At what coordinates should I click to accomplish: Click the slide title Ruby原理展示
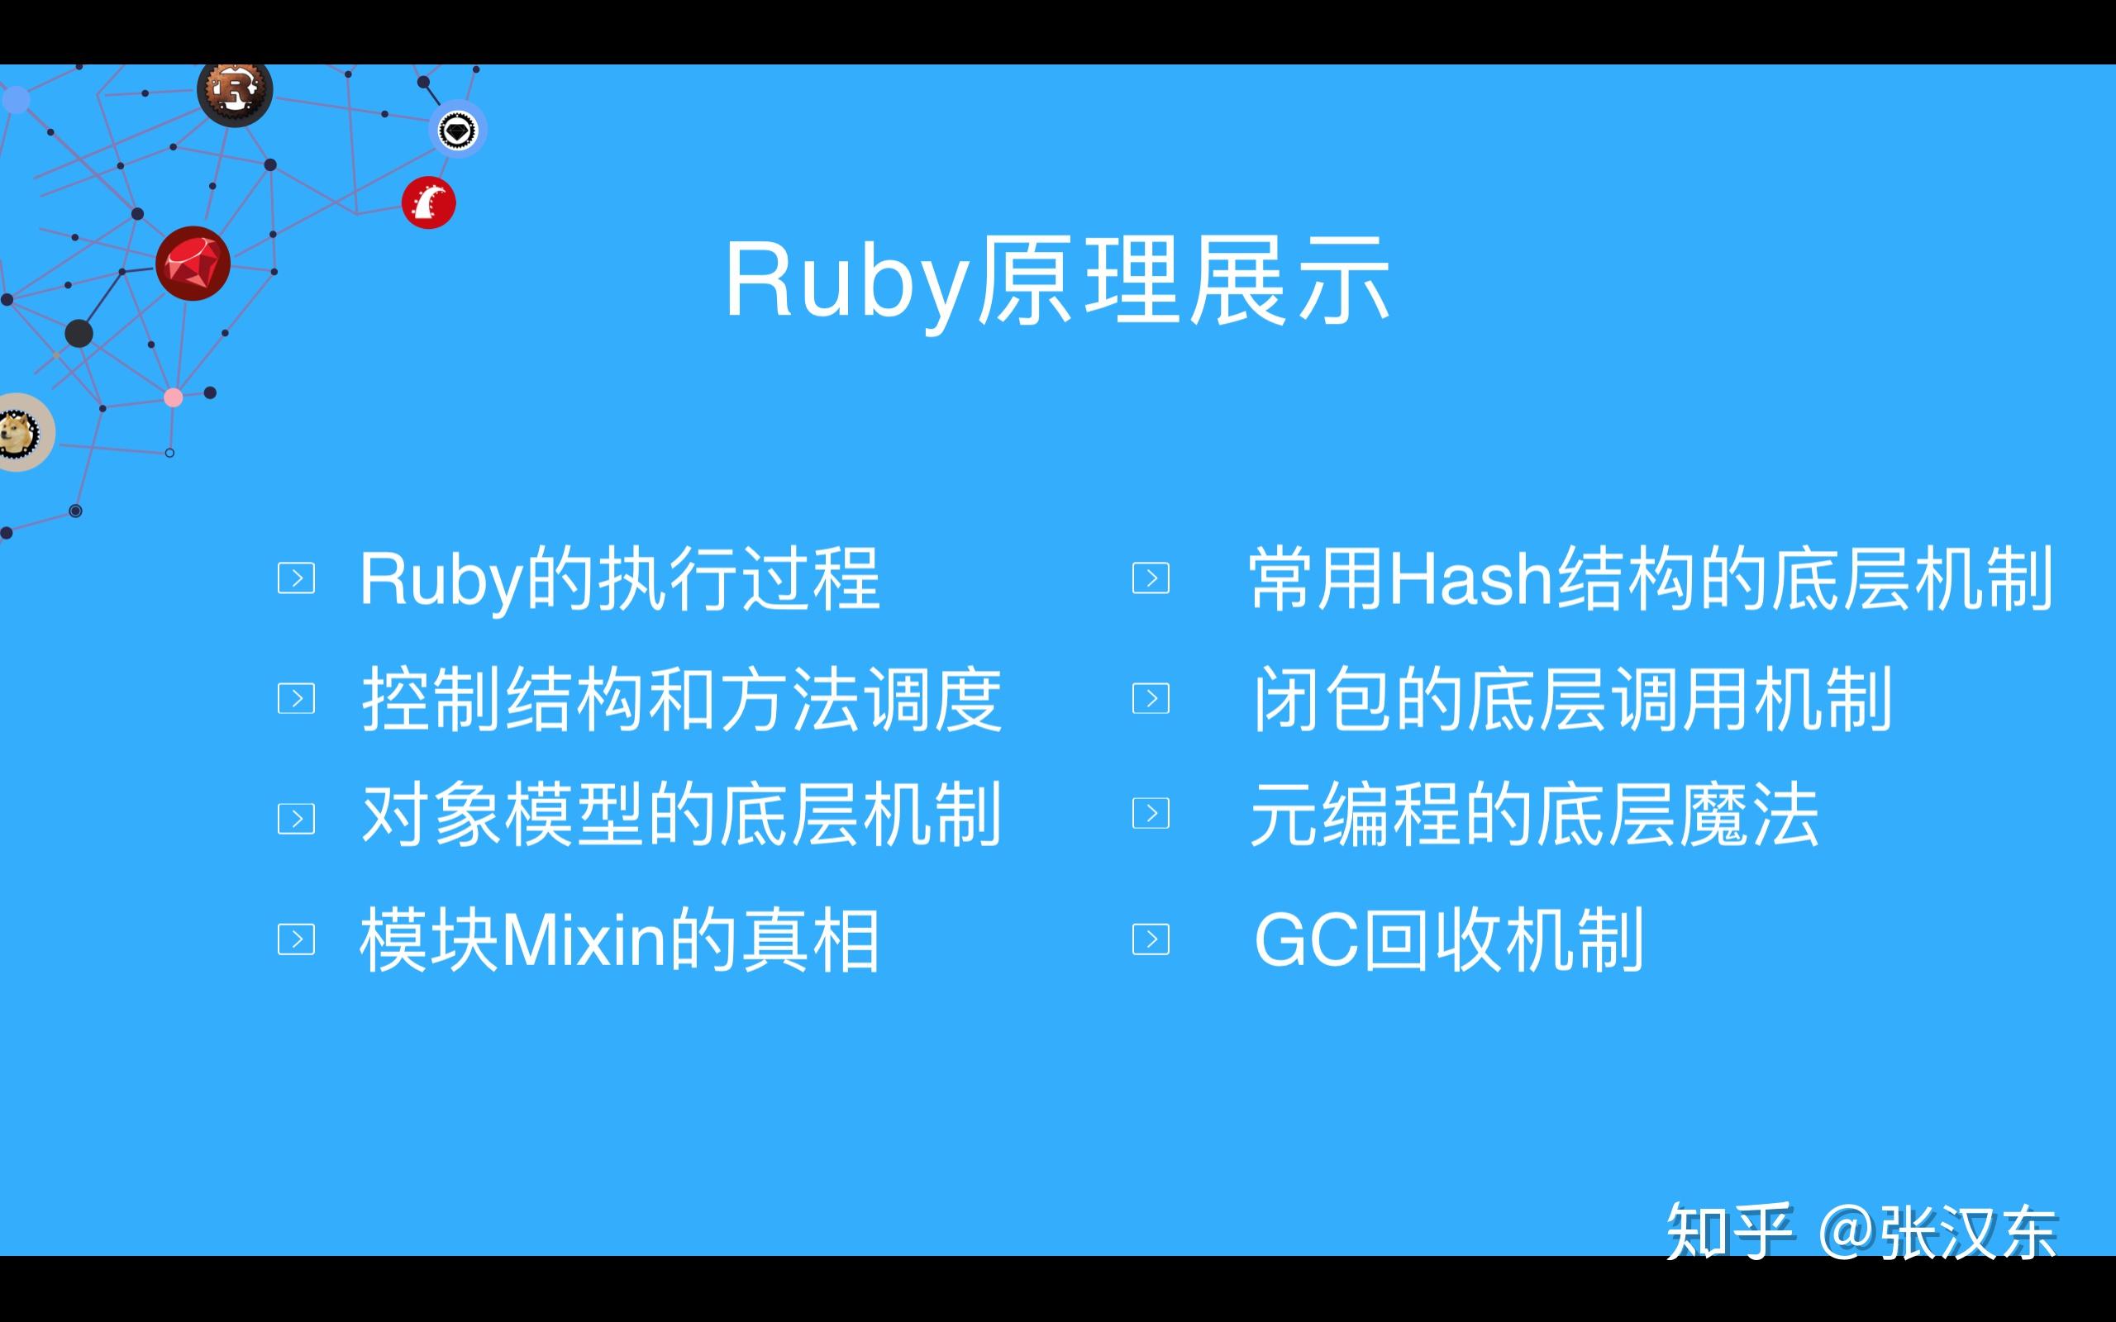click(x=1057, y=282)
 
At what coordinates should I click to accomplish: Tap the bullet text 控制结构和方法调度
click(x=681, y=699)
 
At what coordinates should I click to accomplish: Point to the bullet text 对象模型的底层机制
click(x=681, y=815)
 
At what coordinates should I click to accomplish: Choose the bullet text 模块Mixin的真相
click(x=619, y=940)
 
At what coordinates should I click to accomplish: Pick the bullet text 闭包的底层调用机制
click(x=1572, y=699)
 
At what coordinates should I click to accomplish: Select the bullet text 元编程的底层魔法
click(x=1535, y=815)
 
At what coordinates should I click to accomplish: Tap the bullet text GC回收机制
click(x=1449, y=940)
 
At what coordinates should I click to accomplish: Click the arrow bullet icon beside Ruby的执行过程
click(x=297, y=578)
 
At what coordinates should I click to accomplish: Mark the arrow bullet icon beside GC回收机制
click(x=1151, y=939)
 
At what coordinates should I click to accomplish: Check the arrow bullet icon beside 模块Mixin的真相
click(x=297, y=939)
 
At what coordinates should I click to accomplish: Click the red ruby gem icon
click(x=193, y=264)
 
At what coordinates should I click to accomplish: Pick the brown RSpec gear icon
click(x=235, y=91)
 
